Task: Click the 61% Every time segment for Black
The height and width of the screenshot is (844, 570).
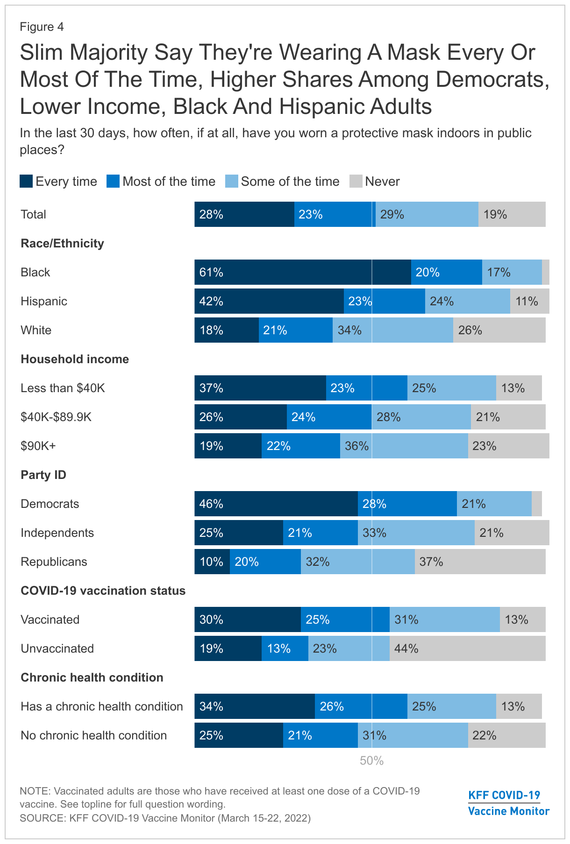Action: pos(303,272)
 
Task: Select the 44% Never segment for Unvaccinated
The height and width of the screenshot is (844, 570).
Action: pos(467,648)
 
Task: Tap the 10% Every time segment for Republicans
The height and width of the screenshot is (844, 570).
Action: pos(212,562)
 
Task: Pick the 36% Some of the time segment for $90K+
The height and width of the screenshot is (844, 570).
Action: pos(404,446)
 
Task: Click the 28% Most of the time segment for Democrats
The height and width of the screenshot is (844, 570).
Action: pos(407,504)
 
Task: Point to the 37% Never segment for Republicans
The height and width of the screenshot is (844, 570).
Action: pos(480,562)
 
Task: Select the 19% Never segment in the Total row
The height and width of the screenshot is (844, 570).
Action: pos(512,214)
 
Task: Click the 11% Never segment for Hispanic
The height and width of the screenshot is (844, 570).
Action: pos(529,301)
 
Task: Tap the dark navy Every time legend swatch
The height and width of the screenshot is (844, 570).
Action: pos(26,181)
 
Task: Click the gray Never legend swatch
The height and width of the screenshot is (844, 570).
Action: pos(356,181)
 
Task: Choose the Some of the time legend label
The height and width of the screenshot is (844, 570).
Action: pos(290,181)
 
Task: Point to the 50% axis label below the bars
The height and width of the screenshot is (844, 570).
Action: pos(371,761)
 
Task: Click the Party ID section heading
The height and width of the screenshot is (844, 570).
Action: pos(43,475)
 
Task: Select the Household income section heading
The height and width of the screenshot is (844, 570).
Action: pos(75,359)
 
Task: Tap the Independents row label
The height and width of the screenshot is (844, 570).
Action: pos(57,533)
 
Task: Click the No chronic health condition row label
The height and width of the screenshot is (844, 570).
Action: pos(93,735)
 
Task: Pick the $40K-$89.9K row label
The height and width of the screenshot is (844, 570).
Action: pos(56,417)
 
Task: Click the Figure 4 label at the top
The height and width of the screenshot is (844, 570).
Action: pos(42,27)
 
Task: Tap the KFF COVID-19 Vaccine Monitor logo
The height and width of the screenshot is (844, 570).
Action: pos(508,803)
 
